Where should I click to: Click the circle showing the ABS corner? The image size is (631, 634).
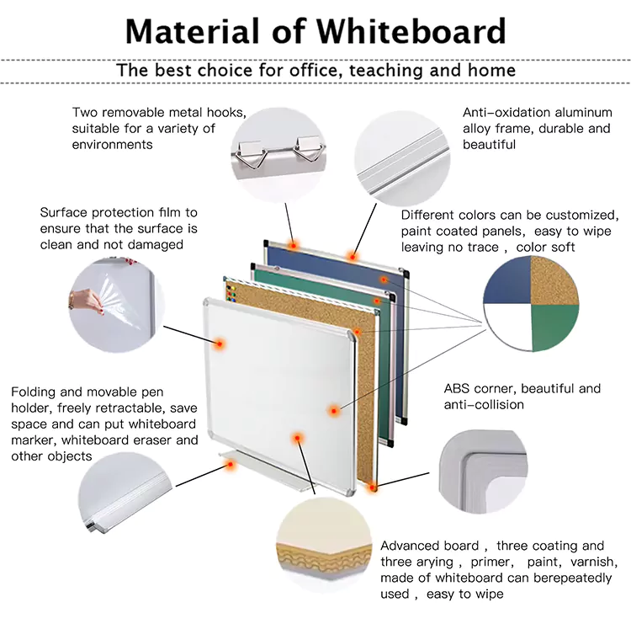coord(482,472)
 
